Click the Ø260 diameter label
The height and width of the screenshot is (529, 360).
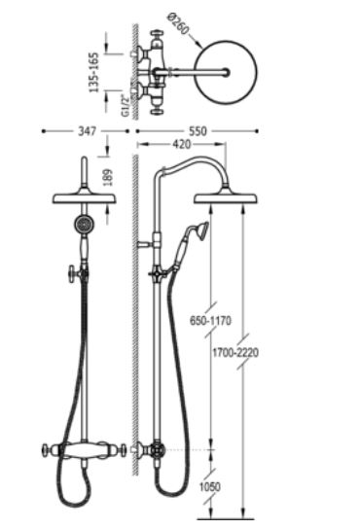(x=178, y=23)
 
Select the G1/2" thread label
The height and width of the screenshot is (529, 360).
(x=126, y=106)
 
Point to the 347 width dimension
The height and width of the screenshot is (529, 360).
(x=88, y=131)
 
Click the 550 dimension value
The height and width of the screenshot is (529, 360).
(x=198, y=131)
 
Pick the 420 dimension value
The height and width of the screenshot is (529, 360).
(x=181, y=144)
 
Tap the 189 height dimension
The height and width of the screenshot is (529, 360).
(x=107, y=177)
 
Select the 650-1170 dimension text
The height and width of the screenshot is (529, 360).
(x=210, y=320)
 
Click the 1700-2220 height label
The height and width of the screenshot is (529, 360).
(x=235, y=353)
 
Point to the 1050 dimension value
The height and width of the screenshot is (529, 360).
(x=209, y=487)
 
